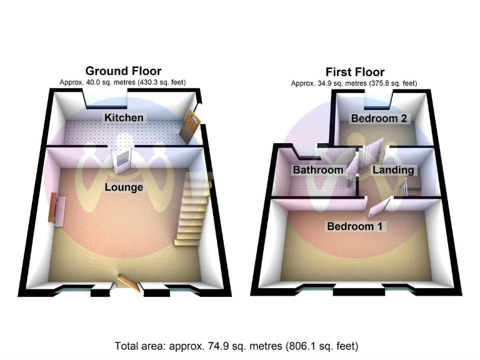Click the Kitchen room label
coord(124,117)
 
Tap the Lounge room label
coord(124,187)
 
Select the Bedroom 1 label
coord(354,226)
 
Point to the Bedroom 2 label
coord(374,118)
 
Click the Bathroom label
coord(318,169)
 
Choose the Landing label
coord(393,169)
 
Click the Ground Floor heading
coord(123,71)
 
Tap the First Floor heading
coord(354,71)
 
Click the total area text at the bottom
coord(236,346)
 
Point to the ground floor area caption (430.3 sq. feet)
coord(122,82)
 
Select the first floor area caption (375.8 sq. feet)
coord(354,83)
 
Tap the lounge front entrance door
coord(128,282)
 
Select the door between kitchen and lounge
coord(122,160)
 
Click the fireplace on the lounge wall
coord(57,209)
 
